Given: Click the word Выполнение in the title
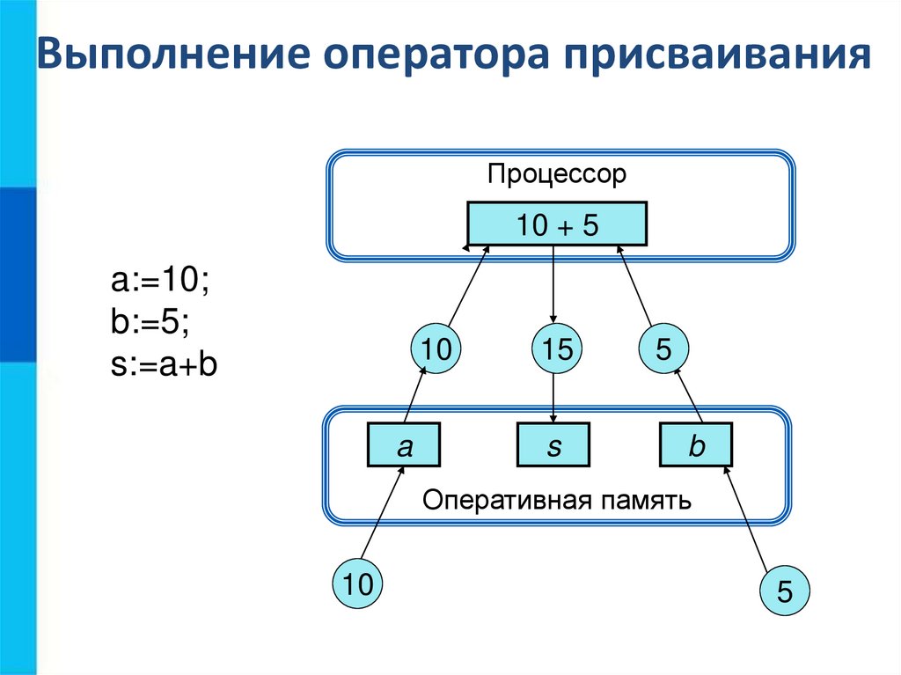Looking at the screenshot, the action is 172,54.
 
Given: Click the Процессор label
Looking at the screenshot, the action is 556,174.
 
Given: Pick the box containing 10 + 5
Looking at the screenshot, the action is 557,224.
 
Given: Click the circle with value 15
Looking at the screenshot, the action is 556,349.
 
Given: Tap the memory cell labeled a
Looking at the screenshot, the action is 403,444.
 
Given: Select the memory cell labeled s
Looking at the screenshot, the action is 553,444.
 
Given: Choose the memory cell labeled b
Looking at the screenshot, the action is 695,444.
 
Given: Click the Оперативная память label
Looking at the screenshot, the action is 556,500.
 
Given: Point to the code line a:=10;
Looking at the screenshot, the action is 160,281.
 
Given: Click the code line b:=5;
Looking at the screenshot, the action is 150,322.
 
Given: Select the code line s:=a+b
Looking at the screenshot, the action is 164,364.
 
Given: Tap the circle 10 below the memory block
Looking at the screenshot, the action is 357,583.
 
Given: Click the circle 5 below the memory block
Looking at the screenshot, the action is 784,591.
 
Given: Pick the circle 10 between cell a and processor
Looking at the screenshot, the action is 436,349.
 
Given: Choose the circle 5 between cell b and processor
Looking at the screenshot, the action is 663,349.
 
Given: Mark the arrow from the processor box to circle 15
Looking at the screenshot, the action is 553,285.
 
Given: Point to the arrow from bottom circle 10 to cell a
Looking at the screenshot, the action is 383,512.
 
